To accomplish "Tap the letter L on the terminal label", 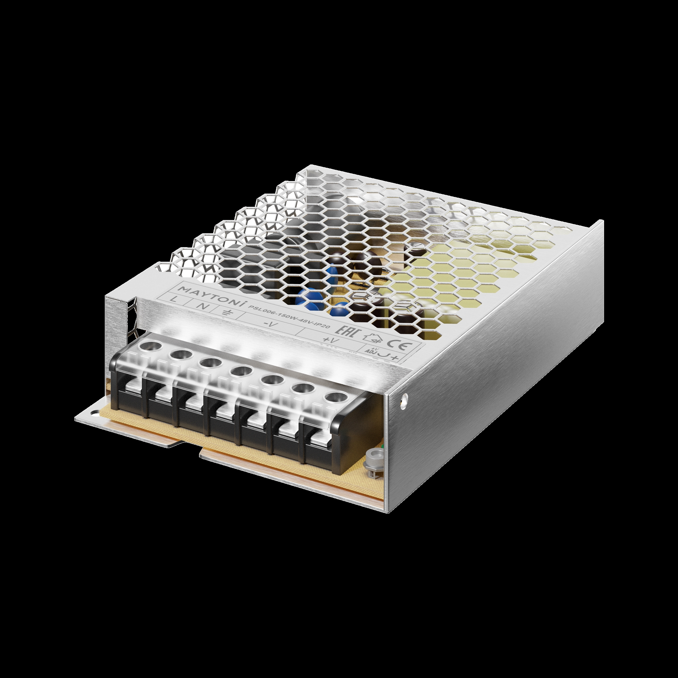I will [x=174, y=299].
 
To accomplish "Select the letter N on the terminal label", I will [x=201, y=306].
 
